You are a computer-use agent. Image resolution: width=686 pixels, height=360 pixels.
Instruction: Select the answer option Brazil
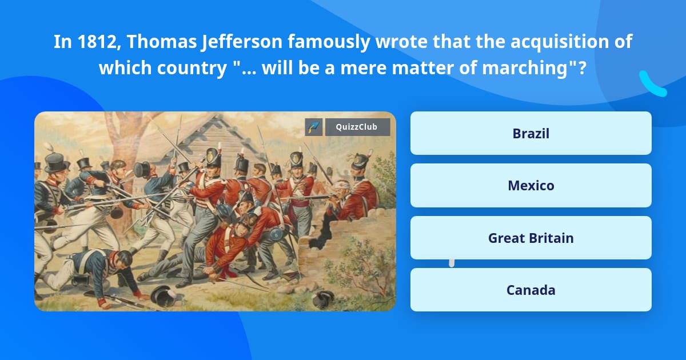(x=531, y=133)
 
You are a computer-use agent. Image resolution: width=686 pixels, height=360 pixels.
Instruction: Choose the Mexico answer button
(x=531, y=186)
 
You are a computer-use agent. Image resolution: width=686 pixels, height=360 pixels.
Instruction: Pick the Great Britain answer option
(x=531, y=238)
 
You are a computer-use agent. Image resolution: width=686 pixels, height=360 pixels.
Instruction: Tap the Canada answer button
(x=531, y=290)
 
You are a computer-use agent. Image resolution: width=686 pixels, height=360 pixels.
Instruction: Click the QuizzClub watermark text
(x=357, y=127)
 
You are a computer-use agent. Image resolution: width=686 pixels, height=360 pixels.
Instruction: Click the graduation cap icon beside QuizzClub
(x=314, y=127)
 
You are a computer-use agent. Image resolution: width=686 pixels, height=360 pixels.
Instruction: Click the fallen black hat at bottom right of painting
(x=324, y=298)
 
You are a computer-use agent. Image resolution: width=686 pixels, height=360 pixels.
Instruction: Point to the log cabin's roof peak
(x=219, y=118)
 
